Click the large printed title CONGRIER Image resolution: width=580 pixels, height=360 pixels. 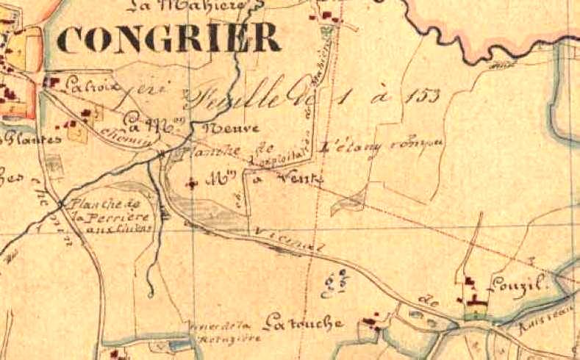tap(168, 38)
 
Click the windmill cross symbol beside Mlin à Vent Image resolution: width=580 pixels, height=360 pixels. tap(193, 183)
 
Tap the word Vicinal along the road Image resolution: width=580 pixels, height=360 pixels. tap(291, 242)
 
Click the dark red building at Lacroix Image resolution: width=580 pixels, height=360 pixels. tap(54, 83)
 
